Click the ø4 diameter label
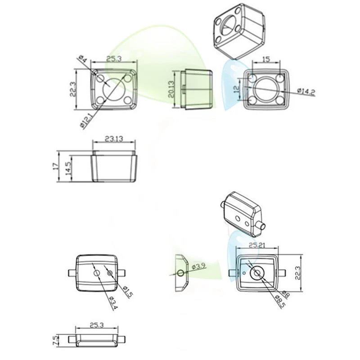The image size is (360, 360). [83, 59]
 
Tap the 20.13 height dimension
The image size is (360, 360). [171, 89]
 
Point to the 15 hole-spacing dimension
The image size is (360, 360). [266, 59]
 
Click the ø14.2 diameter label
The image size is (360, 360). [306, 92]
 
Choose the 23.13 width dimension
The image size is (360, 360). [114, 139]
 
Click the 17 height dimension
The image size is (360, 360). [55, 166]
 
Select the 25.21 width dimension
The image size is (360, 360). [257, 245]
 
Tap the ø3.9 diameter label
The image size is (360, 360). [198, 266]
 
